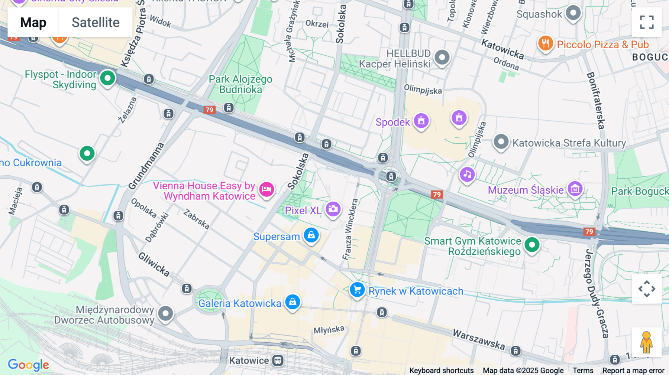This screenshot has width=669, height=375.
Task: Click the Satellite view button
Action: (96, 23)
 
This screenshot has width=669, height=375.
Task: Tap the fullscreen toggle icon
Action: (647, 22)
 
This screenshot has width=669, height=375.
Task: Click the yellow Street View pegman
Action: (646, 342)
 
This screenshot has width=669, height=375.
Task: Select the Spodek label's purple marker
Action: (421, 121)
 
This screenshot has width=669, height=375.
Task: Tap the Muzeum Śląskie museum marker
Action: (575, 189)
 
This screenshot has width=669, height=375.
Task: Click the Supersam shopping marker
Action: (311, 235)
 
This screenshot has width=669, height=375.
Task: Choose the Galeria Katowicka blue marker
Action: (293, 302)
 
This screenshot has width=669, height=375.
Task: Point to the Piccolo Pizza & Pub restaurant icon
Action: (545, 43)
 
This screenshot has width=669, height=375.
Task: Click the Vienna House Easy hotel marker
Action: (266, 189)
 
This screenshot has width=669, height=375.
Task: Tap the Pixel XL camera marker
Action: (333, 209)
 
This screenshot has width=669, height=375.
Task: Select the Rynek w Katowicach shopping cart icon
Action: (357, 290)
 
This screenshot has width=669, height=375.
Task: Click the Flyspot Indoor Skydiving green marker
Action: (107, 78)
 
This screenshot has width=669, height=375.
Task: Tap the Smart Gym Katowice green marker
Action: (532, 245)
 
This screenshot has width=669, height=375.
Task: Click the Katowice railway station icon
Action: (278, 360)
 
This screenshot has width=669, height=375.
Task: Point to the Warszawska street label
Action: (479, 339)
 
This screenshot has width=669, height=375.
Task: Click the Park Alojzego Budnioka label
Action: (240, 84)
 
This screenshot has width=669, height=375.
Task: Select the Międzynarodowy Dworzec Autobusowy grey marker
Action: (165, 314)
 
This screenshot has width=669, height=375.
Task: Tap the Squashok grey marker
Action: (573, 13)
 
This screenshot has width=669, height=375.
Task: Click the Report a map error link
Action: (633, 371)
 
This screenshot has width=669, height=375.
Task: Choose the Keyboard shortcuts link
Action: (441, 371)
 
